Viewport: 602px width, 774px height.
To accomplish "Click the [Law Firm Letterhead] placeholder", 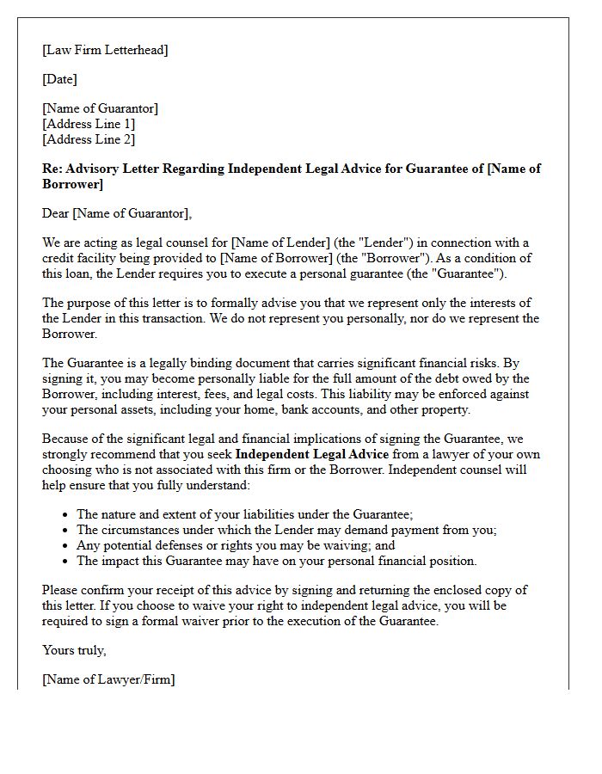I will (105, 50).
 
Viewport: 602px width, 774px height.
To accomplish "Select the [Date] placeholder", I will (59, 79).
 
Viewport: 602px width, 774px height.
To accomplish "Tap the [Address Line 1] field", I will (89, 124).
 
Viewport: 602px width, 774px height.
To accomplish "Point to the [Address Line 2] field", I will (89, 139).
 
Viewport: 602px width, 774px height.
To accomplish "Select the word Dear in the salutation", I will (56, 213).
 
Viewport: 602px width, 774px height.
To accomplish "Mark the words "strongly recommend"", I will (96, 454).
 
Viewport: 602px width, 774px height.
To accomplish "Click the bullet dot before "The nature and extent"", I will (66, 515).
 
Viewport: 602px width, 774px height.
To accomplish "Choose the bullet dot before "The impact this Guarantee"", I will (66, 562).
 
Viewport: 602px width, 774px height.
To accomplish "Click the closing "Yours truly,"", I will (74, 650).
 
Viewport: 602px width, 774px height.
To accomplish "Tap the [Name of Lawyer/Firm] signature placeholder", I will (108, 679).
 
